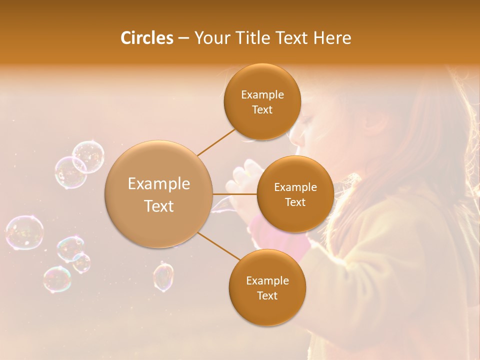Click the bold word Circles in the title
click(x=146, y=38)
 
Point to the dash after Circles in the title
click(x=183, y=38)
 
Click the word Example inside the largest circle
click(x=159, y=184)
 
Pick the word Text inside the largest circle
click(x=159, y=206)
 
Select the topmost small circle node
click(x=262, y=102)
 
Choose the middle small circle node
click(x=295, y=194)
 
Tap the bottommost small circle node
click(x=267, y=288)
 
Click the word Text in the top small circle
click(x=262, y=110)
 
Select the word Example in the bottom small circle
click(x=267, y=280)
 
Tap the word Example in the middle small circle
click(x=295, y=187)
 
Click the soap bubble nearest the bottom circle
click(x=163, y=276)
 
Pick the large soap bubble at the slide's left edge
click(x=24, y=232)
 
